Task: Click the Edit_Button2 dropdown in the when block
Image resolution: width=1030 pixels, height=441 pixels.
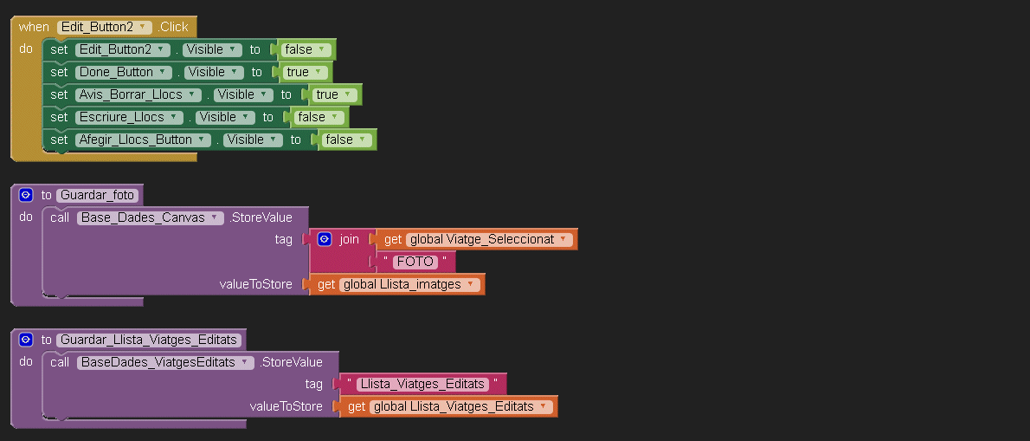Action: coord(105,27)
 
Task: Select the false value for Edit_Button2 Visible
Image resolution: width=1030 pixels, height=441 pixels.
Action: coord(306,49)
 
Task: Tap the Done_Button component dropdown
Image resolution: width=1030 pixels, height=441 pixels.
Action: coord(124,72)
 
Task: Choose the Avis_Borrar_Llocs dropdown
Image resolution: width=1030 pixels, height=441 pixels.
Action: coord(138,94)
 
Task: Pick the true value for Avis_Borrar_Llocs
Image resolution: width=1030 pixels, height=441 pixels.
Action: coord(334,94)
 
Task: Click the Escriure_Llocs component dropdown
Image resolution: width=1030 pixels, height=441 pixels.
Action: coord(130,117)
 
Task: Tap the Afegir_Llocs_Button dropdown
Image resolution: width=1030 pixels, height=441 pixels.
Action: coord(143,139)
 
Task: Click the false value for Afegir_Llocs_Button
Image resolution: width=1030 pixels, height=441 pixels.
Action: coord(347,139)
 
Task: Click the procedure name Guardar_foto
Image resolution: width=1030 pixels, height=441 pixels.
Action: coord(97,195)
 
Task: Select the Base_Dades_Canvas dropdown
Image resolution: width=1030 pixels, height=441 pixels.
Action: coord(151,217)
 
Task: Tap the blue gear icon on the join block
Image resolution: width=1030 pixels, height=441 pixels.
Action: coord(325,239)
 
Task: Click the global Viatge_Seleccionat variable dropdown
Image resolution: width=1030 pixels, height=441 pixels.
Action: coord(489,239)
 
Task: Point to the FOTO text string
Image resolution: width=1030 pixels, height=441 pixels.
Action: coord(415,262)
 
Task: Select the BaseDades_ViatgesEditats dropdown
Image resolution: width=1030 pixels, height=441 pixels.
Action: coord(165,362)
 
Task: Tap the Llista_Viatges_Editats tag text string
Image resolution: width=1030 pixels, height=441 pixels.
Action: coord(422,384)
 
